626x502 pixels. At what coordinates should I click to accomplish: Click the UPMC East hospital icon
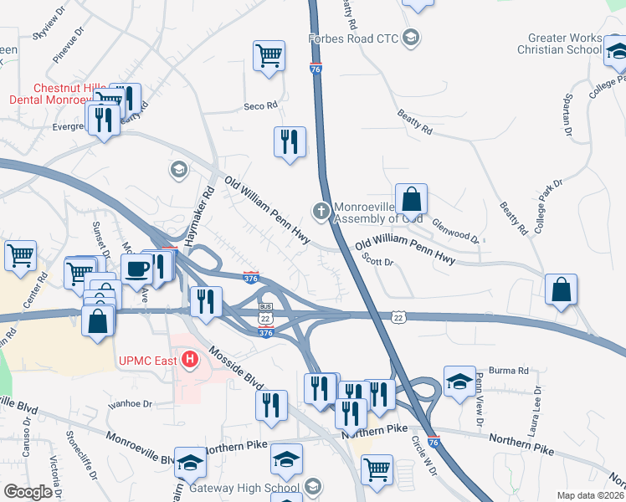190,361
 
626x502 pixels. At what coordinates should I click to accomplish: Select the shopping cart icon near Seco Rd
269,57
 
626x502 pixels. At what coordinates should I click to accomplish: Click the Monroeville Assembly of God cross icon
320,211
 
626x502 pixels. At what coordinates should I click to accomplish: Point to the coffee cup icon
137,269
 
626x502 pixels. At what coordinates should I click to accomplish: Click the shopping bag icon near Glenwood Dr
411,201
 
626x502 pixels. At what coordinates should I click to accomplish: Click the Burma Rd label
511,370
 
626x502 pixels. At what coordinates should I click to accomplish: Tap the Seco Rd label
259,106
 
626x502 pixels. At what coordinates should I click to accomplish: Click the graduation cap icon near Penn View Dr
459,382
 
